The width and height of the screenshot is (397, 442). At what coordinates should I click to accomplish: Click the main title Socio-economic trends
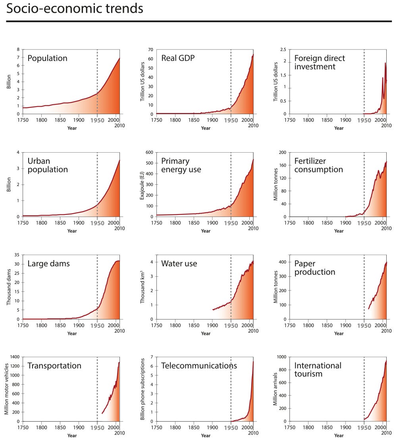point(74,9)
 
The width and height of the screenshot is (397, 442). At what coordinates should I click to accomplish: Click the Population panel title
point(47,58)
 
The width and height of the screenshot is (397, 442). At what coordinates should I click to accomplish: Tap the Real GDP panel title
point(178,58)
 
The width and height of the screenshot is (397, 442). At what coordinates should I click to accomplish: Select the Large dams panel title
point(48,264)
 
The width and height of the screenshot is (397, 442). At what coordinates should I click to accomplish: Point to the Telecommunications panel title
point(199,366)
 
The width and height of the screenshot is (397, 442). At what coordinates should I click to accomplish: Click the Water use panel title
point(179,264)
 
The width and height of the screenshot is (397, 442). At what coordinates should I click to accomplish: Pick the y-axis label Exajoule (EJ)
point(142,184)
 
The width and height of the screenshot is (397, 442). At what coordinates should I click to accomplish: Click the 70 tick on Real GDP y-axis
point(150,50)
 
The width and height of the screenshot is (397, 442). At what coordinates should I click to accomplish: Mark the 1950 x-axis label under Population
point(97,121)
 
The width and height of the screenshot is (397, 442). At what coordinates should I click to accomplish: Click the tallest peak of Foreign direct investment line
point(385,63)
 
